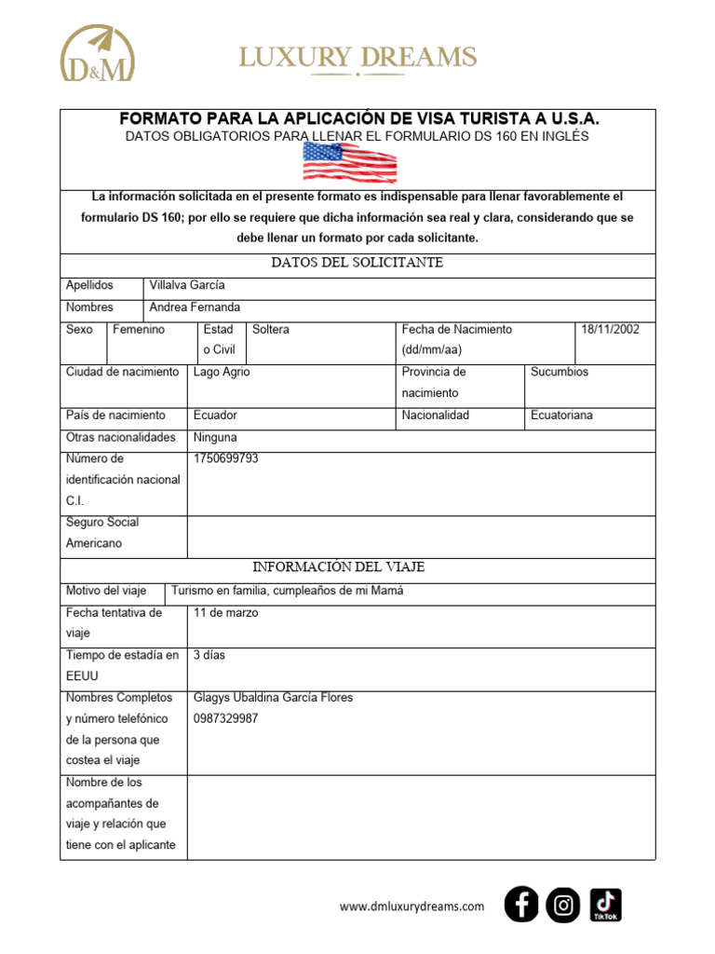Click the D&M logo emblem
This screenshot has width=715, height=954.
pyautogui.click(x=97, y=54)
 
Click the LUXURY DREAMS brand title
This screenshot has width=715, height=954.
pyautogui.click(x=357, y=58)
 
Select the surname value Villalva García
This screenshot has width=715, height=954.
pyautogui.click(x=187, y=285)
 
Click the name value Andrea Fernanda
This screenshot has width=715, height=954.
pyautogui.click(x=195, y=307)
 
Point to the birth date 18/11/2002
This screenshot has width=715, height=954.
pyautogui.click(x=610, y=330)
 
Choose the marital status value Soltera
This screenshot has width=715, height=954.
pyautogui.click(x=271, y=330)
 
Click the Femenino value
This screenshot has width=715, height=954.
pyautogui.click(x=139, y=330)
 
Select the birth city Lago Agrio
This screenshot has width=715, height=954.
pyautogui.click(x=222, y=372)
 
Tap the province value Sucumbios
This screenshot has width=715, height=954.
pyautogui.click(x=560, y=372)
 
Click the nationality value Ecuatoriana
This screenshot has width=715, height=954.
pyautogui.click(x=561, y=416)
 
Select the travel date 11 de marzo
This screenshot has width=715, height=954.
pyautogui.click(x=225, y=613)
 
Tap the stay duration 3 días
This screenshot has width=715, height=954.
pyautogui.click(x=209, y=655)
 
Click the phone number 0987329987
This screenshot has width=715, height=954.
pyautogui.click(x=225, y=718)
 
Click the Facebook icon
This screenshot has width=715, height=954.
pyautogui.click(x=521, y=905)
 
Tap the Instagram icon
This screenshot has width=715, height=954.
pyautogui.click(x=563, y=905)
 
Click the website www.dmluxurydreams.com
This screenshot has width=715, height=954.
pyautogui.click(x=411, y=906)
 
